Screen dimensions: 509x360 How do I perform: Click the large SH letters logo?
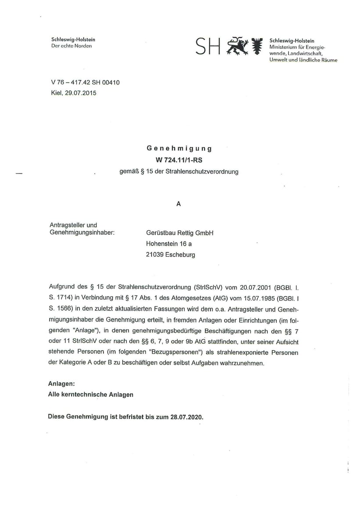coord(208,46)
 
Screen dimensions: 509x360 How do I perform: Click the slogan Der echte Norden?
coord(72,46)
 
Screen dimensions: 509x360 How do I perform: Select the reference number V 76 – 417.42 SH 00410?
coord(85,82)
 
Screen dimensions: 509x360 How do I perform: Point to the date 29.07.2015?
coord(82,93)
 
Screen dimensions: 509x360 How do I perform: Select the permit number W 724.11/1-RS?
coord(179,160)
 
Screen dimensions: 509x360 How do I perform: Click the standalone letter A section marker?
coord(179,204)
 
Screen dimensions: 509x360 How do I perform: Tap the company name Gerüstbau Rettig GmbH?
coord(180,233)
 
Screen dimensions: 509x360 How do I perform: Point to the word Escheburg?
coord(181,254)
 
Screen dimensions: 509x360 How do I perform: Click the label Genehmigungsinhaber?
coord(82,232)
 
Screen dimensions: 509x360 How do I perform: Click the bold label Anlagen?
coord(61,384)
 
